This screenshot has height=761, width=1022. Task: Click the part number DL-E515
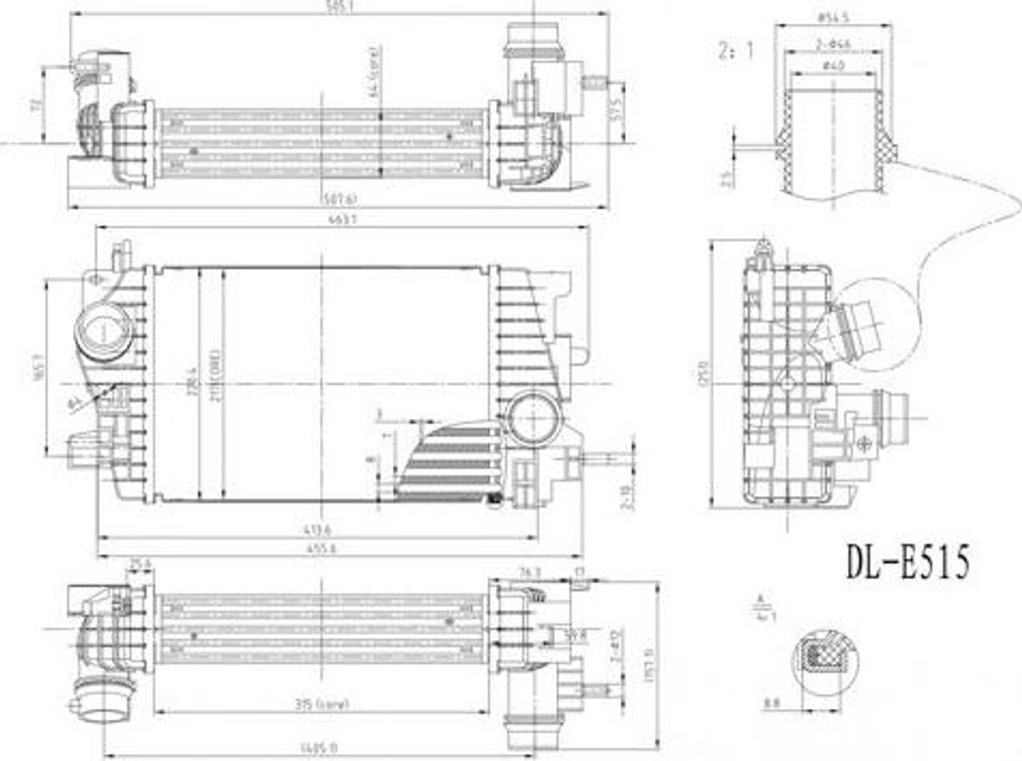pos(907,562)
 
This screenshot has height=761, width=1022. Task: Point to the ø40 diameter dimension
pos(830,66)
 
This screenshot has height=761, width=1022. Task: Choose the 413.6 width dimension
pos(320,528)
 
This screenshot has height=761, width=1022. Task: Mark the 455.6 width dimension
pos(320,547)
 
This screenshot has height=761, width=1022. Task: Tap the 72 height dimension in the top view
pos(36,104)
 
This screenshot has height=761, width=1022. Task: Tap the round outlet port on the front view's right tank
pos(533,419)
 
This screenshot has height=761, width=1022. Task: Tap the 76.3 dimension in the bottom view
pos(531,571)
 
